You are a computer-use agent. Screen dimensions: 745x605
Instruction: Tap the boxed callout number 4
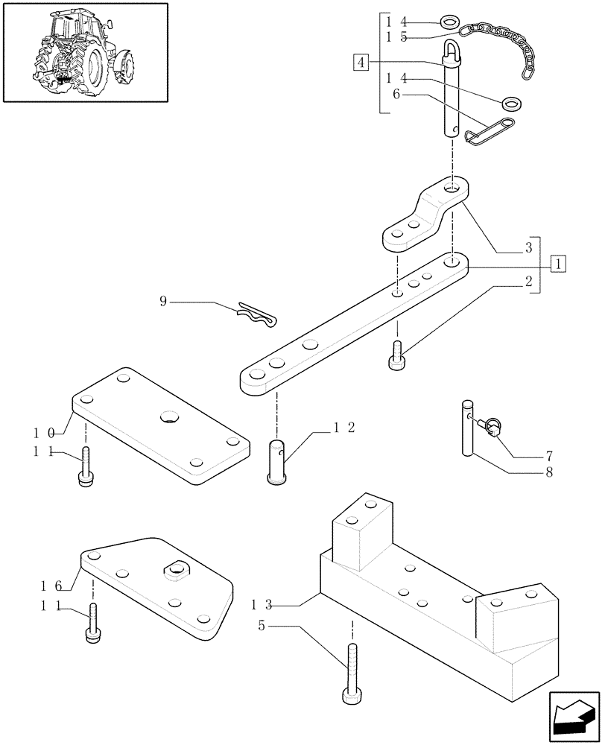pyautogui.click(x=360, y=62)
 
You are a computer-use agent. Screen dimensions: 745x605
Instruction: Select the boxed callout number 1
pyautogui.click(x=558, y=264)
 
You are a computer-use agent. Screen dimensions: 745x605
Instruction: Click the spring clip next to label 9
pyautogui.click(x=256, y=315)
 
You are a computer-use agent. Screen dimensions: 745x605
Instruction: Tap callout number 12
pyautogui.click(x=343, y=428)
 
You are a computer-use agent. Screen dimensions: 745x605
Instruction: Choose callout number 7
pyautogui.click(x=548, y=454)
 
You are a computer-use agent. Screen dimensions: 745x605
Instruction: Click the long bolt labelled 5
pyautogui.click(x=352, y=670)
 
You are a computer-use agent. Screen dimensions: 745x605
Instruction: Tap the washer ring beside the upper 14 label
pyautogui.click(x=449, y=22)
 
